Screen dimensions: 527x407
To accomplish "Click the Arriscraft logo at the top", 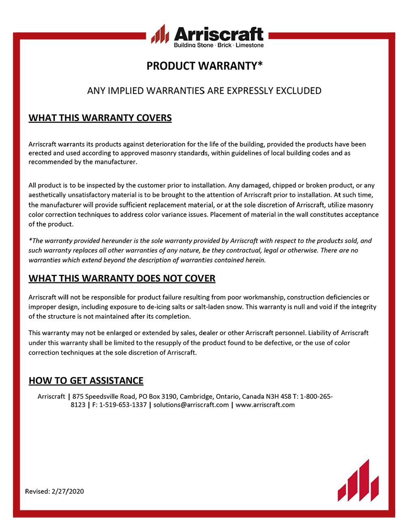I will (x=207, y=36).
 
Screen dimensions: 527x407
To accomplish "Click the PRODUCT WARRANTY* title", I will (x=205, y=66).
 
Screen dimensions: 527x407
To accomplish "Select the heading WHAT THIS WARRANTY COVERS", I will (x=100, y=118).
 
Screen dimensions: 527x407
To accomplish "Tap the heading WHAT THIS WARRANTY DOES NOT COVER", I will (x=122, y=278).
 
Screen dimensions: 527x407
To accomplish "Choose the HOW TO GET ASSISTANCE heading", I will (x=86, y=380).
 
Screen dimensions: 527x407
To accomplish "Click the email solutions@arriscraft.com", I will (x=191, y=405).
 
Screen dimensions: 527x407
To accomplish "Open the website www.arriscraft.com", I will (x=265, y=405).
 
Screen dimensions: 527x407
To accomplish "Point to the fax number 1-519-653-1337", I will (x=123, y=405).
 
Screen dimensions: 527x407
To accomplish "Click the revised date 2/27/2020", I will (x=68, y=491).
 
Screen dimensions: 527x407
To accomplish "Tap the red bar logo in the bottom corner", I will (x=358, y=481).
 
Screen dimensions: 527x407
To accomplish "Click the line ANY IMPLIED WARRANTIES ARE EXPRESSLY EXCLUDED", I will (x=204, y=91).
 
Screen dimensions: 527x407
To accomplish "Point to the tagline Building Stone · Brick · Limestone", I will (x=219, y=45).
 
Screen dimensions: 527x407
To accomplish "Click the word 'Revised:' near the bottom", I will (x=38, y=491).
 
